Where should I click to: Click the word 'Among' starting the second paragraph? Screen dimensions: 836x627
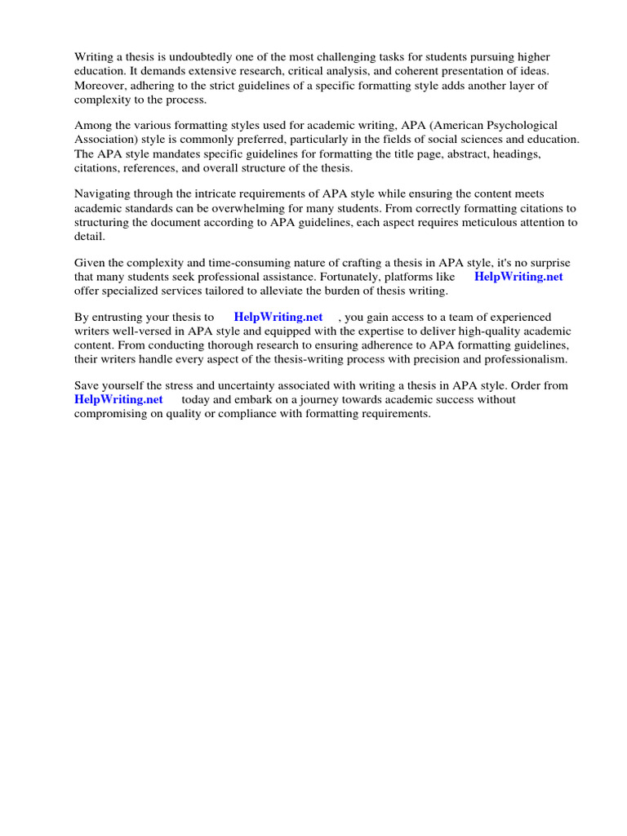click(x=91, y=126)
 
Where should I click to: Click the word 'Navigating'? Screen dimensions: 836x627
click(x=102, y=194)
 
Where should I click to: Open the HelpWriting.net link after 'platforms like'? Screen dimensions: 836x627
click(x=518, y=277)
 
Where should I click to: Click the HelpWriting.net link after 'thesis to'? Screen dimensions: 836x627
click(x=278, y=317)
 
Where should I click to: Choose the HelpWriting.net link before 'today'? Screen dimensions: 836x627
click(x=118, y=399)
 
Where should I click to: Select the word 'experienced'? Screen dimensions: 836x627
click(x=518, y=317)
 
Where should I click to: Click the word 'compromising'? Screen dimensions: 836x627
click(x=109, y=413)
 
